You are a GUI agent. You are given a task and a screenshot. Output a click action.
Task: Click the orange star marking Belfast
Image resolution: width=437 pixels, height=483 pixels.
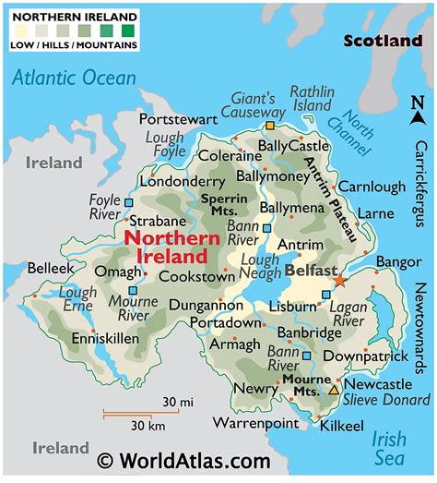(x=339, y=279)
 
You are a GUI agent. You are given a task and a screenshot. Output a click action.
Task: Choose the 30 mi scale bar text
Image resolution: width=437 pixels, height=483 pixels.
(x=177, y=403)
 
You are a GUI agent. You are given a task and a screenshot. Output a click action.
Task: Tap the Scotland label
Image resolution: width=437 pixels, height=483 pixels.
(x=382, y=41)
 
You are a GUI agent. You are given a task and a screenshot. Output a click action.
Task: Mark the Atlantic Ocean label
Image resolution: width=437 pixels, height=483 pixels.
(x=74, y=78)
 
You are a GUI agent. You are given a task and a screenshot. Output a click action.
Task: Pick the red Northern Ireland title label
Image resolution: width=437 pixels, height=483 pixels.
(x=164, y=246)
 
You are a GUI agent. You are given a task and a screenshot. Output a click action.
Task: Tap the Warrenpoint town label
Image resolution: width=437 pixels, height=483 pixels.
(x=256, y=423)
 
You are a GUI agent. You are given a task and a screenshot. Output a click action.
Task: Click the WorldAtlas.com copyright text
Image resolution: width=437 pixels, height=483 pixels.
(x=183, y=461)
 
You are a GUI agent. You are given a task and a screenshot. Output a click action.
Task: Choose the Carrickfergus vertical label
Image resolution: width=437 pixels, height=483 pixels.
(x=422, y=185)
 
